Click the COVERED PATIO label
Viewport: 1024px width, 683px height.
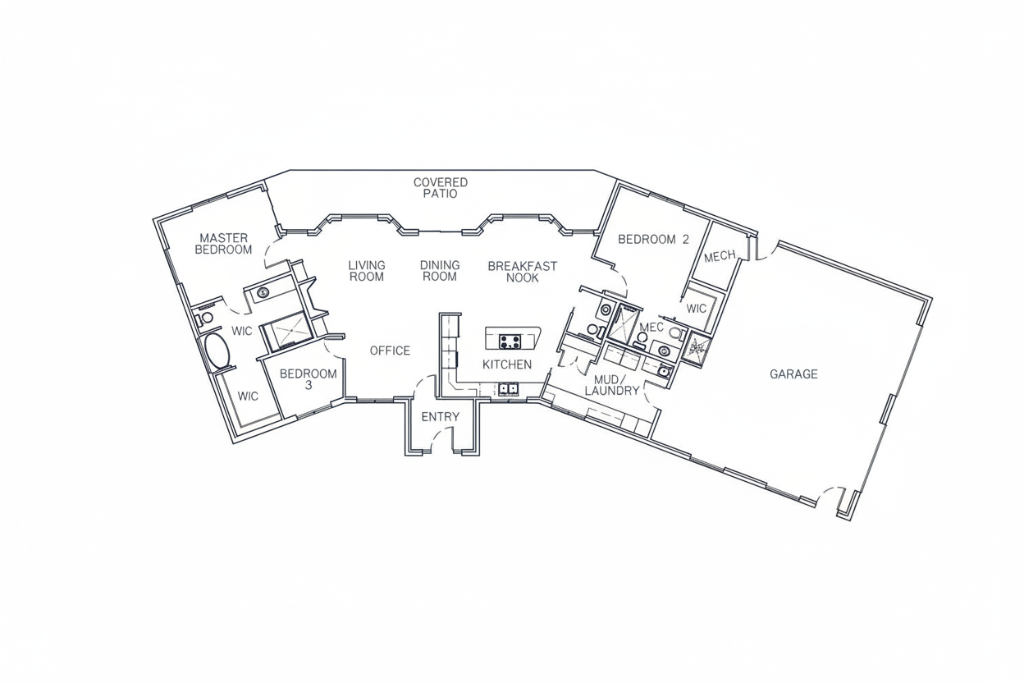[x=441, y=188]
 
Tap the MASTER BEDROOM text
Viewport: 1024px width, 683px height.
[x=223, y=244]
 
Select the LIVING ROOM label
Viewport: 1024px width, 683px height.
[x=367, y=271]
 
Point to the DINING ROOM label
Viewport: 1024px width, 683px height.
[x=440, y=271]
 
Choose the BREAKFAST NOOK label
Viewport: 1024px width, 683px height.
[x=523, y=273]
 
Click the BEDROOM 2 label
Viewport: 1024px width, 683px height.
[x=653, y=239]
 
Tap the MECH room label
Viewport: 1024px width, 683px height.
[x=720, y=256]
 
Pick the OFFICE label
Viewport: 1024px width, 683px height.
[x=390, y=351]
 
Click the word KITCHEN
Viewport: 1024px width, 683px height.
[x=507, y=364]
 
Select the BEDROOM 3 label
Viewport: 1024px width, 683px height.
[x=309, y=380]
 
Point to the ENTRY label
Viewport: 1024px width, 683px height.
[x=441, y=417]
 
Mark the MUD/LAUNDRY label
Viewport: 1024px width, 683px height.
[x=611, y=385]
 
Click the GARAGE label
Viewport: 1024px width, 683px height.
[x=793, y=374]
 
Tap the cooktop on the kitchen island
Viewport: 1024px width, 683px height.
[x=510, y=341]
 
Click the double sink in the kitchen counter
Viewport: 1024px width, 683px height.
[x=509, y=389]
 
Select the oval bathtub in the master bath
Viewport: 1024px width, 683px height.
[x=217, y=351]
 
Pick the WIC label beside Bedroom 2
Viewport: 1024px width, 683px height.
[x=697, y=309]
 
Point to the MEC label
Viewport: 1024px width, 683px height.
[x=651, y=328]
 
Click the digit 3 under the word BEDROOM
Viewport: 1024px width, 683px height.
[x=309, y=386]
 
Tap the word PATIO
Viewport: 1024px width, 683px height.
[x=440, y=194]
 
